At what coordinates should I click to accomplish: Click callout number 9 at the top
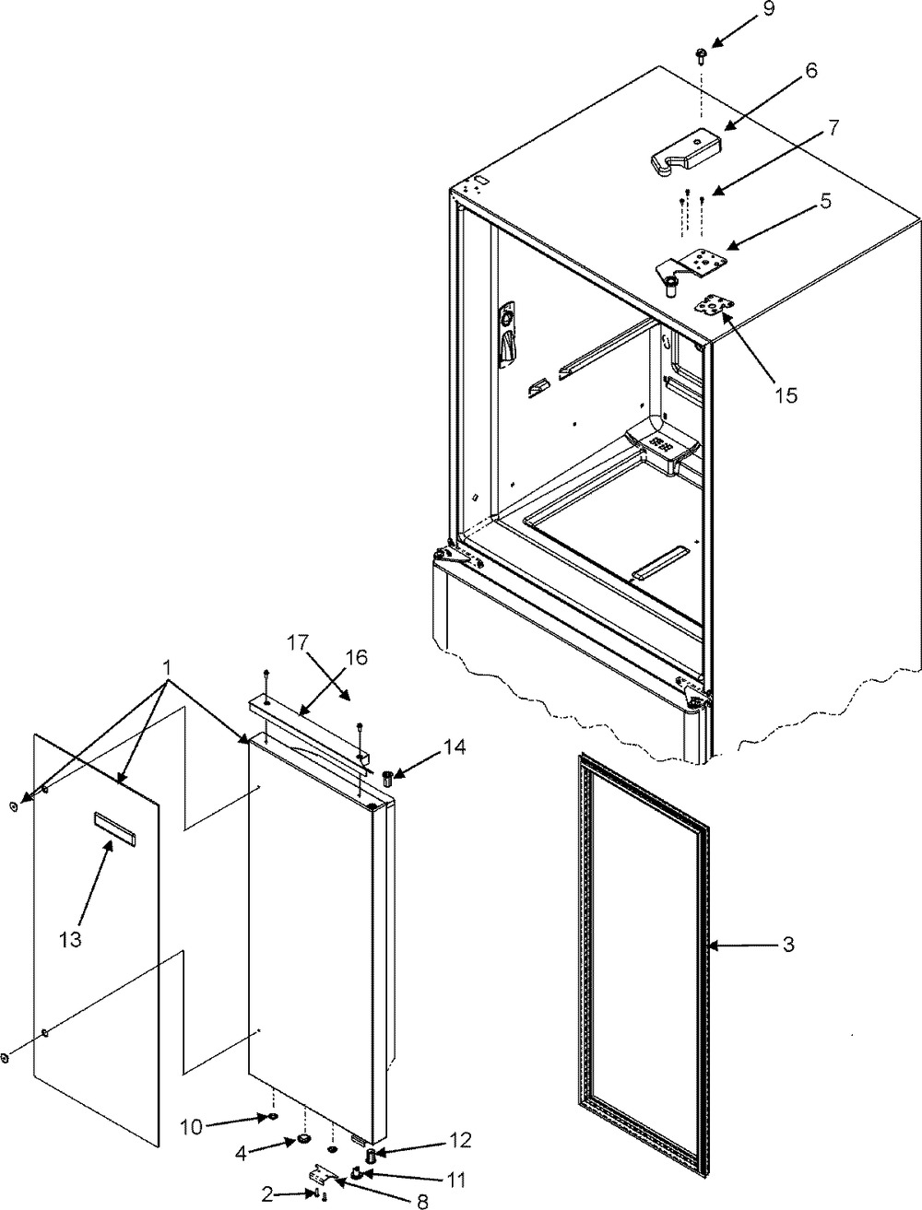pos(769,9)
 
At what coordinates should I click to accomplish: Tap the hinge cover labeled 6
pos(687,151)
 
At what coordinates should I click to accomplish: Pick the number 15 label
pos(786,394)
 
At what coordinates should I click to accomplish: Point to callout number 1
pos(166,667)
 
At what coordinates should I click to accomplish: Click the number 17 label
pos(298,642)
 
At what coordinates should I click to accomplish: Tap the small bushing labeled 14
pos(387,780)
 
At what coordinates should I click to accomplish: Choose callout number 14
pos(455,747)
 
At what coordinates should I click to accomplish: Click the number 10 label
pos(192,1126)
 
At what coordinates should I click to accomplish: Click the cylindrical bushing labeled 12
pos(372,1153)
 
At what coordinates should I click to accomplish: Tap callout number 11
pos(455,1180)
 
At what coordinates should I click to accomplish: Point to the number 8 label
pos(422,1201)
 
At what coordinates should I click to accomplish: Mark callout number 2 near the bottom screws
pos(266,1192)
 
